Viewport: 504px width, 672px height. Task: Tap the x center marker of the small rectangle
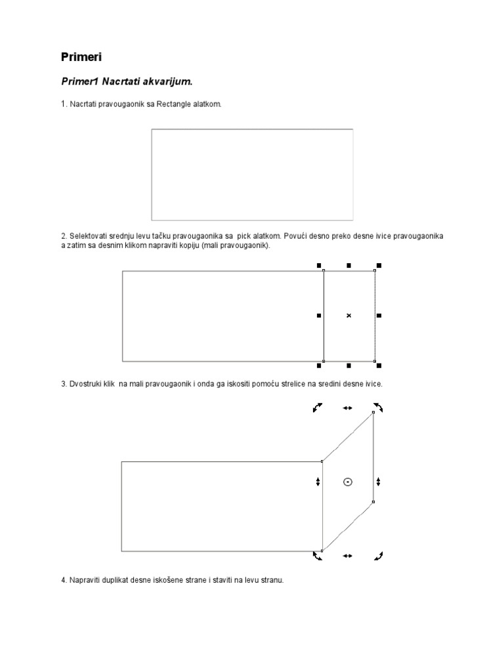pos(348,316)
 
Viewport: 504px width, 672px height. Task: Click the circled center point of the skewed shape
pos(348,482)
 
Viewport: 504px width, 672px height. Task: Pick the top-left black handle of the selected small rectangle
pos(320,266)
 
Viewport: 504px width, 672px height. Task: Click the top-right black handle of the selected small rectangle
pos(379,266)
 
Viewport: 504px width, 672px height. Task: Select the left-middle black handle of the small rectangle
pos(320,316)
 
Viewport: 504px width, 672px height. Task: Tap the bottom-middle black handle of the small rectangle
pos(348,365)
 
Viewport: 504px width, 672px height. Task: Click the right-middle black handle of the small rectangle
pos(379,316)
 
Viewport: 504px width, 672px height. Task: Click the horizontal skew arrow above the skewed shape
pos(347,408)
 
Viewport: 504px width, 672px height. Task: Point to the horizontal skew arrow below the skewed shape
pos(347,556)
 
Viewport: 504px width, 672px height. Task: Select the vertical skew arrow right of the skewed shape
pos(379,482)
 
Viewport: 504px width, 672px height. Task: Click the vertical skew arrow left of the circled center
pos(318,482)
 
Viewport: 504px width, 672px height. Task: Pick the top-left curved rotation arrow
pos(318,408)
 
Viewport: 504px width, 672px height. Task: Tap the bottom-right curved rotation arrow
pos(378,556)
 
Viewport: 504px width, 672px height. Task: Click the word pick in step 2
pos(251,235)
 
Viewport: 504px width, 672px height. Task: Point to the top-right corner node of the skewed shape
pos(373,412)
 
